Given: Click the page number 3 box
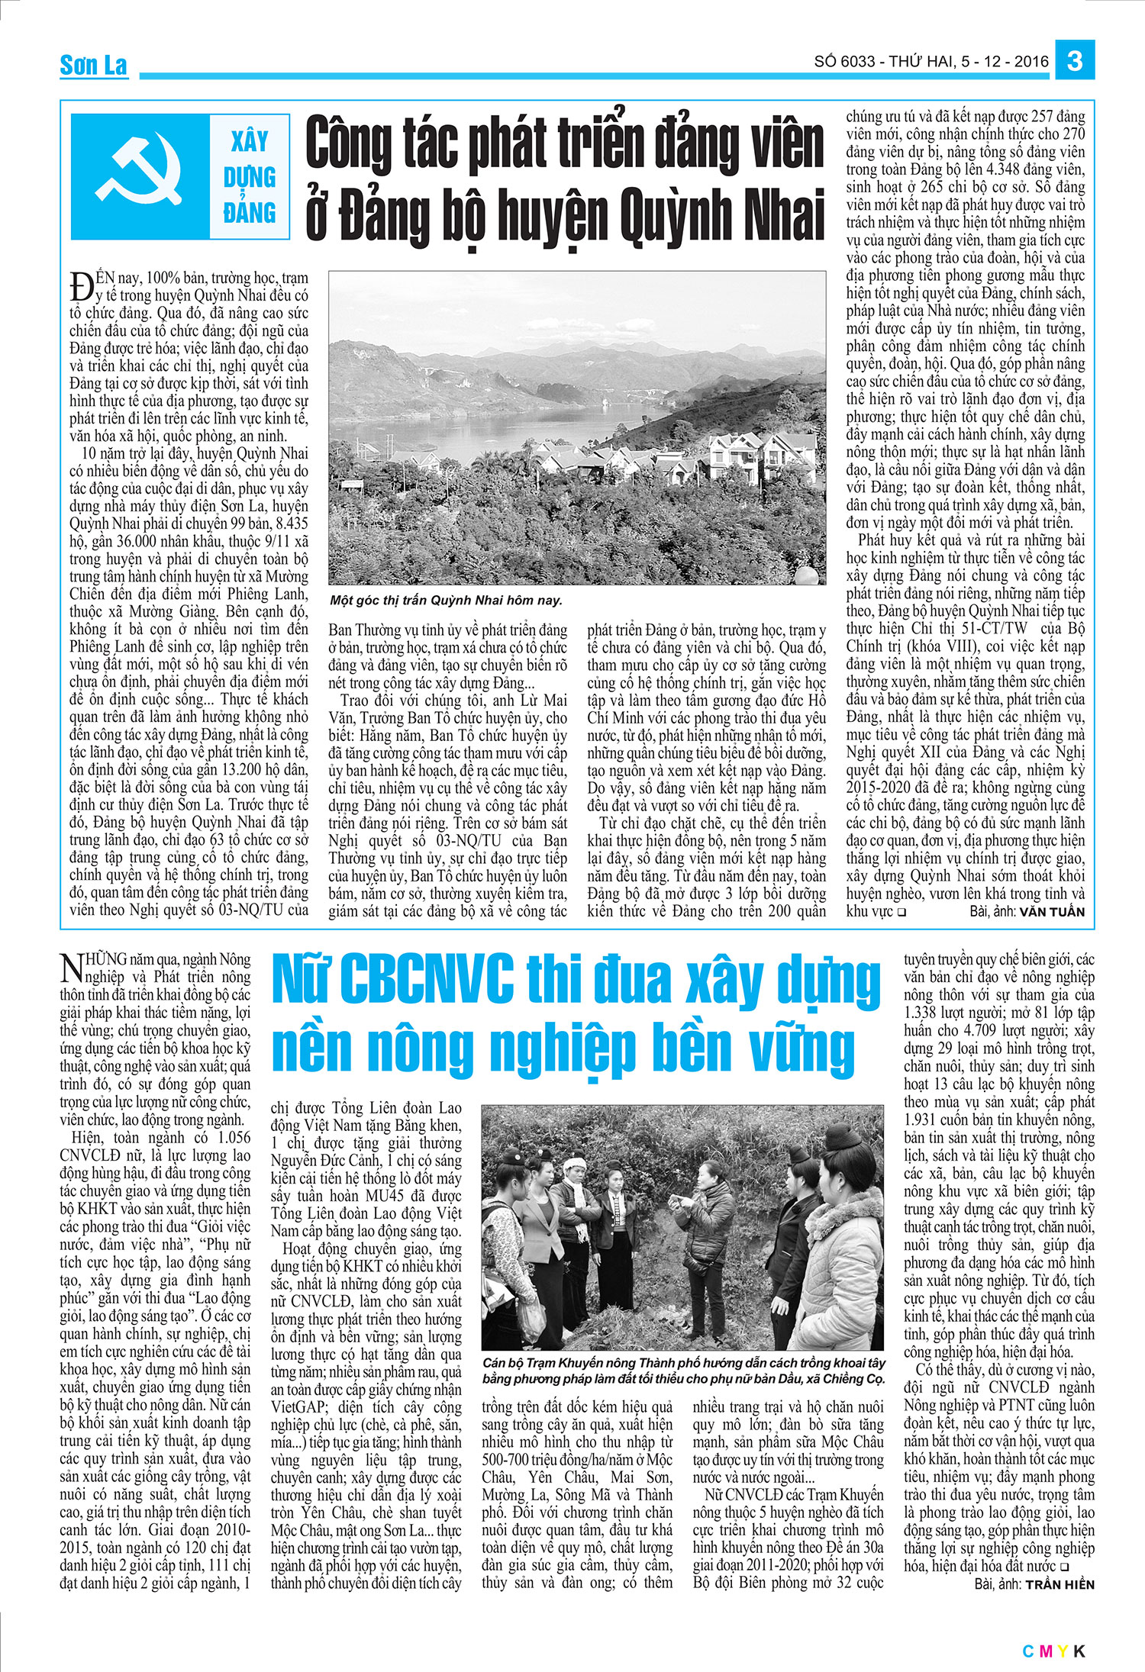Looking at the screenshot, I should coord(1075,60).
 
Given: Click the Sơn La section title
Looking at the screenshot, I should coord(93,66).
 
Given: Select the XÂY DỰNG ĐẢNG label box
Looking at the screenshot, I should coord(250,176).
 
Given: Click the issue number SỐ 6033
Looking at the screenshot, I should coord(845,61).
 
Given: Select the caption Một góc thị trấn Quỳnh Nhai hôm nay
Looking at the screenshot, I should coord(446,600).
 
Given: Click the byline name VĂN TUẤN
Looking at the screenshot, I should coord(1051,912).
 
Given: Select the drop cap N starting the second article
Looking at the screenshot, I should coord(71,968).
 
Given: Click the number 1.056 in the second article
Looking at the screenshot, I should coord(229,1138).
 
